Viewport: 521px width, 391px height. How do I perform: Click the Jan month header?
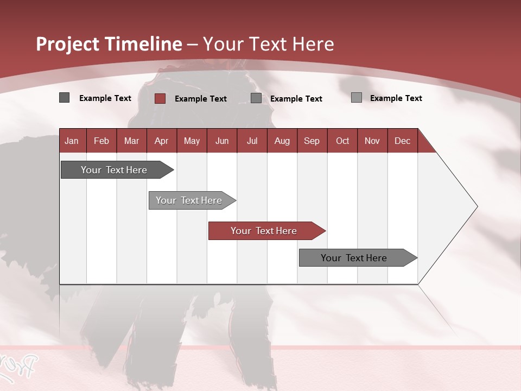tap(72, 141)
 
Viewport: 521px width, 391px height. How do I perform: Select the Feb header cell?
tap(101, 141)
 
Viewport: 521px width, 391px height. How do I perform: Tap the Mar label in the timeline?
tap(131, 141)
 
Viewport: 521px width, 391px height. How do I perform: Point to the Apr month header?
tap(162, 141)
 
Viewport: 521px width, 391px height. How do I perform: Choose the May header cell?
tap(192, 141)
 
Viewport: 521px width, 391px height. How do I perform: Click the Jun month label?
tap(222, 141)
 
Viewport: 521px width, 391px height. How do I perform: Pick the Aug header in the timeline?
tap(282, 141)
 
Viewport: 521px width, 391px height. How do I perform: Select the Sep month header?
tap(312, 141)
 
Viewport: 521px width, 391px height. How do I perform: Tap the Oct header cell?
tap(342, 141)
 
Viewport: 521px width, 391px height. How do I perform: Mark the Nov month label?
tap(372, 141)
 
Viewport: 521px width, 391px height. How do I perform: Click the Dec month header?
tap(402, 141)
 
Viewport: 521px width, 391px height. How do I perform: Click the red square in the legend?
tap(160, 98)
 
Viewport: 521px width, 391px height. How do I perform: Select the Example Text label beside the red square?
tap(201, 99)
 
